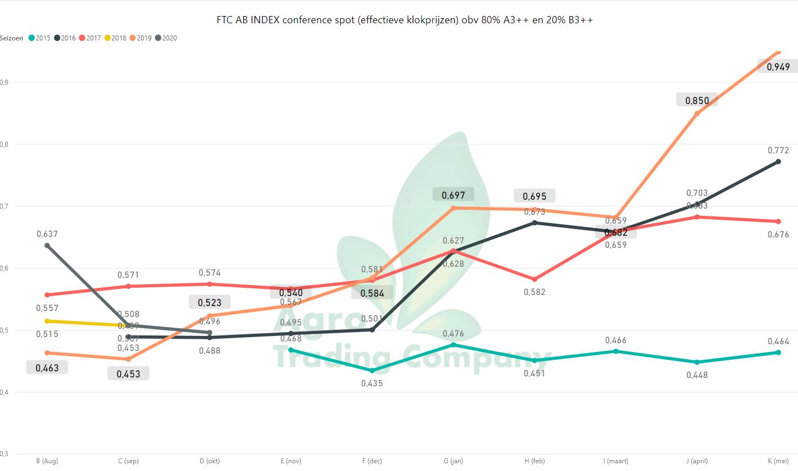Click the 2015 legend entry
(x=39, y=38)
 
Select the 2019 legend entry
(x=140, y=38)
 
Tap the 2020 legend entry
(x=166, y=38)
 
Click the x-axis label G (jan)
(x=453, y=461)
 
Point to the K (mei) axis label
(x=778, y=461)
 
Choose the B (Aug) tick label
(x=47, y=461)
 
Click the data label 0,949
(x=778, y=67)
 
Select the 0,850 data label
(x=697, y=101)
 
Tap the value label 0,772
(x=778, y=151)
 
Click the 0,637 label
(x=47, y=234)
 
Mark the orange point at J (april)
(x=697, y=113)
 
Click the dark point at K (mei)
(x=778, y=162)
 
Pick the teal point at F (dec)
(x=372, y=370)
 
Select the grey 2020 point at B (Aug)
(x=47, y=245)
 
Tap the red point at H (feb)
(x=535, y=280)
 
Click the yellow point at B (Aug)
(x=47, y=321)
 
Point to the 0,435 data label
(x=372, y=384)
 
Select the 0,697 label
(x=453, y=195)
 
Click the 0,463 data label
(x=47, y=368)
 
